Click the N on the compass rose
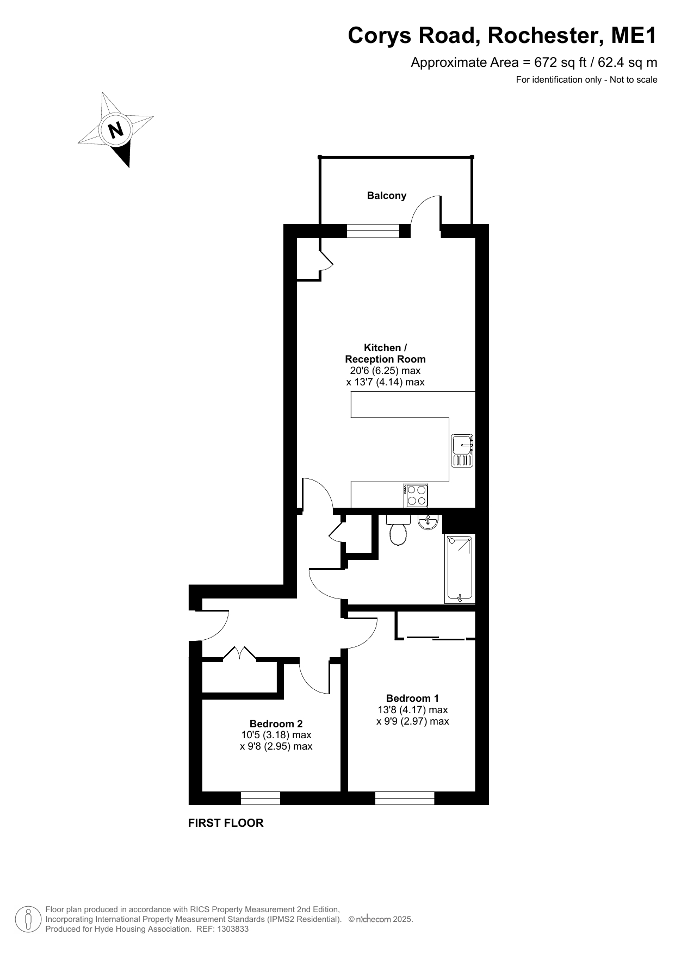click(115, 130)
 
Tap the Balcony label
click(387, 196)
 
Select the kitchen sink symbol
click(462, 451)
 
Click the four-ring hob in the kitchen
click(416, 495)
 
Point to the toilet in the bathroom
click(398, 529)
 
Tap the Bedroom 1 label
click(412, 698)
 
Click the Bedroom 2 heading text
click(276, 724)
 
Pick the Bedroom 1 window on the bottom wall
click(405, 797)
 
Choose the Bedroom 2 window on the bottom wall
click(260, 797)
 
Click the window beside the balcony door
click(373, 231)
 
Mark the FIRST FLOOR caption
click(226, 823)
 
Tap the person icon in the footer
click(28, 919)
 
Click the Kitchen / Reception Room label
click(385, 353)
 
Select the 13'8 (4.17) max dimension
click(412, 710)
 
